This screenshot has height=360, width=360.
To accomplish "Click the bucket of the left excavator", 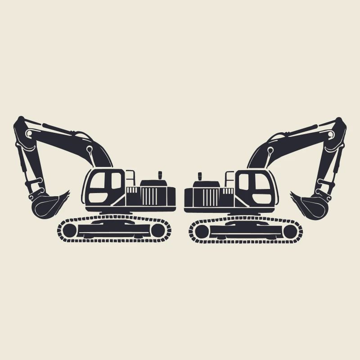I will coord(45,205).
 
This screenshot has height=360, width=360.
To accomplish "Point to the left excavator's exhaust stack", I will coord(159,175).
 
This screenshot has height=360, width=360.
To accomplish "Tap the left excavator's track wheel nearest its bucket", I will coord(69,231).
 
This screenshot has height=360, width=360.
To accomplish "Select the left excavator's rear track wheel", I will coord(158,231).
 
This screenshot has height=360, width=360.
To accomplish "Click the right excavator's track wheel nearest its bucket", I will coord(290,231).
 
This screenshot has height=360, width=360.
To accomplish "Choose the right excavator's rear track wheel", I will coord(202,231).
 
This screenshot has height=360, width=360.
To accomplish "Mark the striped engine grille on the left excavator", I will coord(148,196).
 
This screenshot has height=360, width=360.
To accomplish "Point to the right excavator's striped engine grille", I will coord(211,196).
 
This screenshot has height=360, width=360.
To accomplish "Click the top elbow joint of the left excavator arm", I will coord(20,123).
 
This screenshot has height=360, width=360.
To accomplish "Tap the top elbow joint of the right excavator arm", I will coord(340,123).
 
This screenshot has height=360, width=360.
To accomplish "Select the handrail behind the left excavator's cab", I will coord(130,178).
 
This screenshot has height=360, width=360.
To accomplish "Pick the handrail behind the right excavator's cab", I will coord(229,178).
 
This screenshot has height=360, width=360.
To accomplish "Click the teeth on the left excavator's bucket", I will coord(66,194).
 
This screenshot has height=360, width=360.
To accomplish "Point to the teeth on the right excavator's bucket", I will coord(293,194).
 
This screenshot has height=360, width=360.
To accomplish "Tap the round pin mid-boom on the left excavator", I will coord(90,149).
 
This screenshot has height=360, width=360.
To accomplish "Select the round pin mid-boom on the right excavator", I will coord(270,149).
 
